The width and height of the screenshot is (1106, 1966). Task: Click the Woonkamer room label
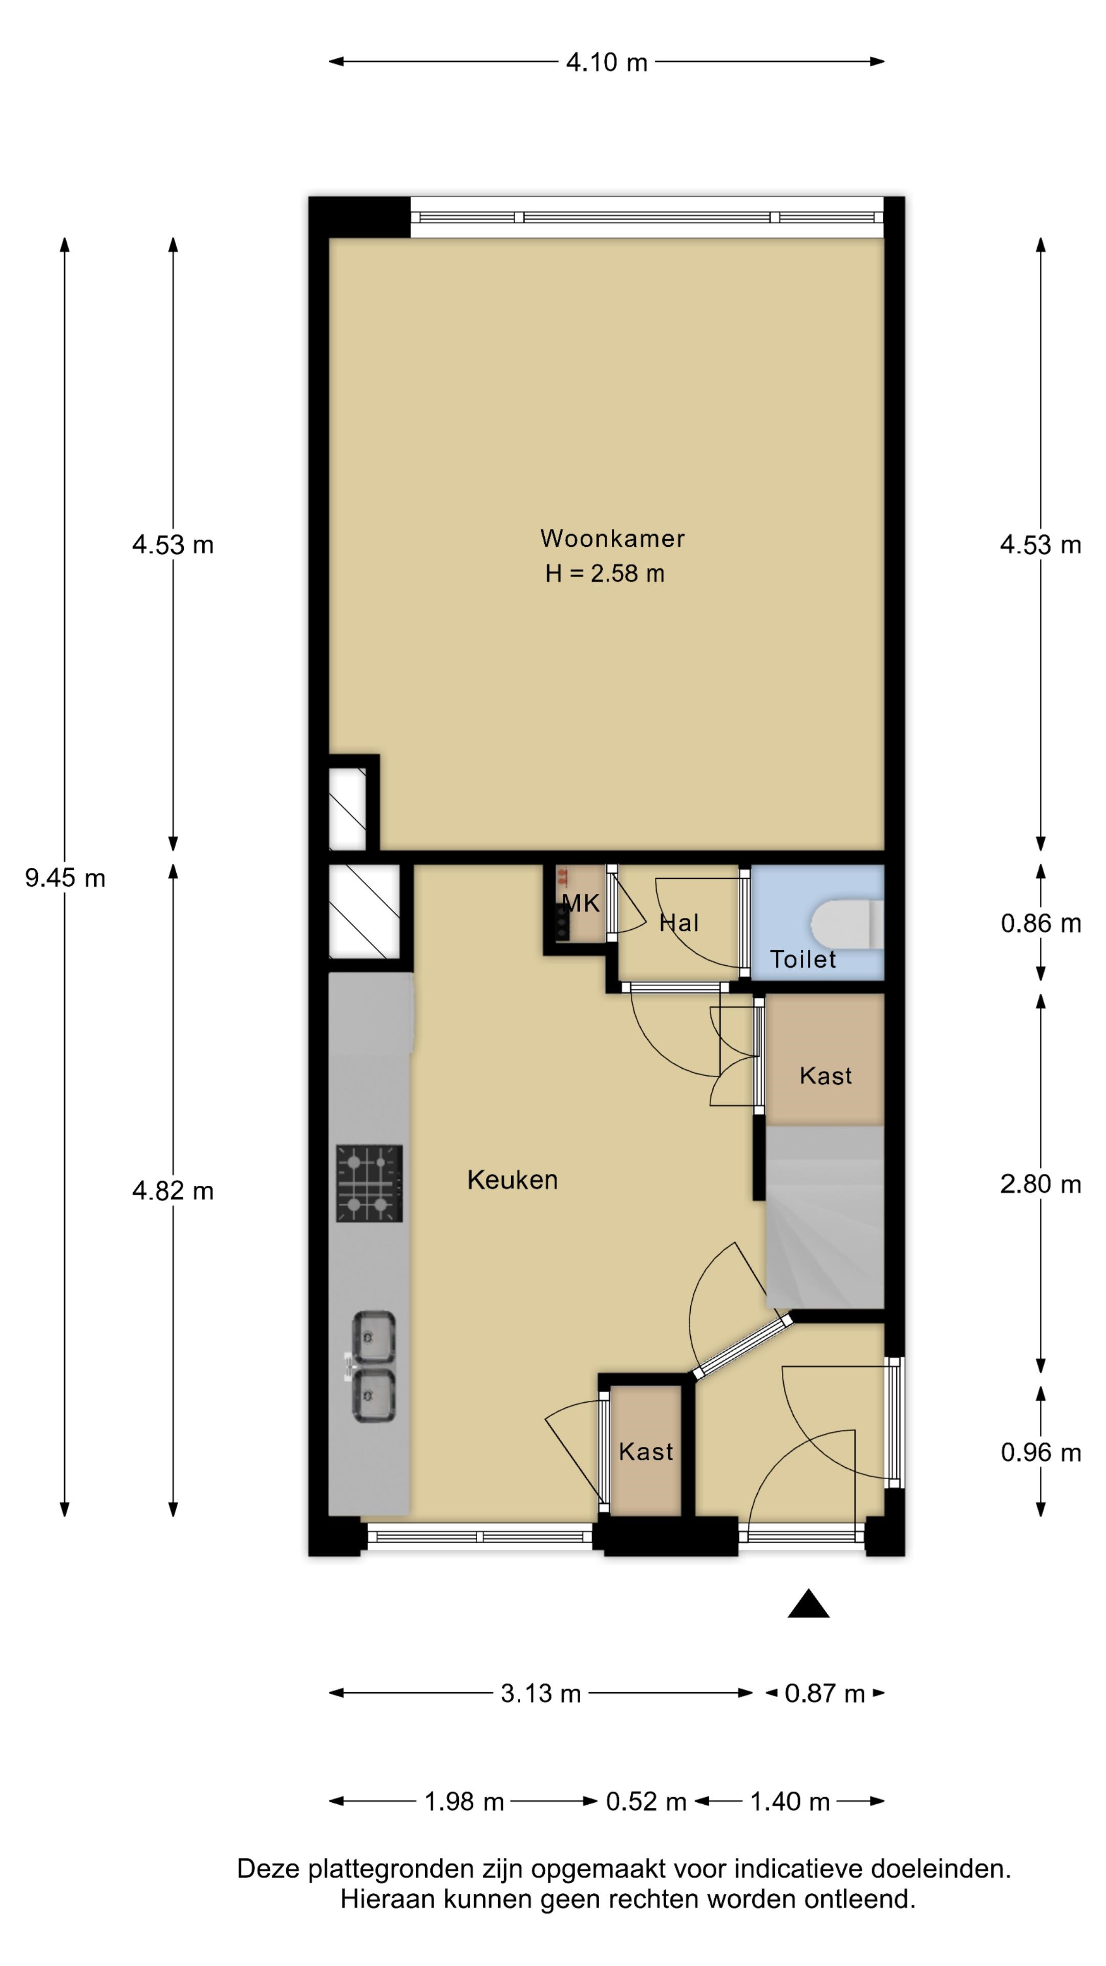pyautogui.click(x=612, y=539)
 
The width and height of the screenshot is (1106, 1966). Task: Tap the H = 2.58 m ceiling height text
pyautogui.click(x=605, y=574)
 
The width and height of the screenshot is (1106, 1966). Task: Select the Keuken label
pyautogui.click(x=512, y=1180)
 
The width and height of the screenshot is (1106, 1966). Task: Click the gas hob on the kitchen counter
pyautogui.click(x=369, y=1184)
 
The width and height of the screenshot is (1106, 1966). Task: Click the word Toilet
pyautogui.click(x=803, y=959)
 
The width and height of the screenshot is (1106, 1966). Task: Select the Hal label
pyautogui.click(x=678, y=924)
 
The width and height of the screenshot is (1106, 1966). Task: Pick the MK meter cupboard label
pyautogui.click(x=581, y=904)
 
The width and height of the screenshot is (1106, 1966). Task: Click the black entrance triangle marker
pyautogui.click(x=809, y=1604)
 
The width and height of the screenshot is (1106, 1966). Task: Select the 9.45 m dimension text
pyautogui.click(x=65, y=879)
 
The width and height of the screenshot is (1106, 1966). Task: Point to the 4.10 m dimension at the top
pyautogui.click(x=607, y=62)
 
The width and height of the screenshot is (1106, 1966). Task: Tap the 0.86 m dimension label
pyautogui.click(x=1041, y=924)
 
